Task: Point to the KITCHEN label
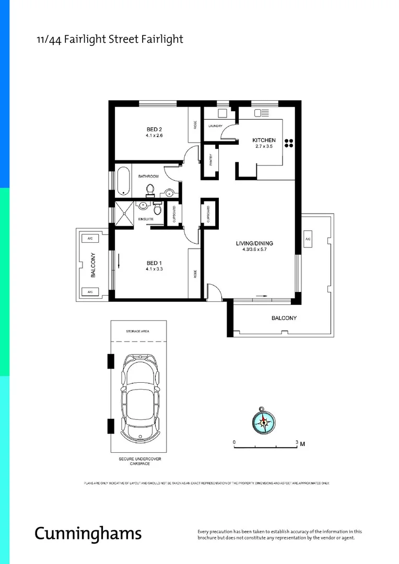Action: [x=264, y=140]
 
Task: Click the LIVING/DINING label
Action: [x=254, y=243]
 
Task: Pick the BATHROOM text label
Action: [x=148, y=177]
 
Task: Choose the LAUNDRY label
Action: [x=215, y=126]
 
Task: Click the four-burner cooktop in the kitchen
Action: [x=289, y=144]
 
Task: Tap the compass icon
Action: [x=264, y=420]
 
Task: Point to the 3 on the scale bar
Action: [x=297, y=442]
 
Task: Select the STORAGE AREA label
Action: [x=138, y=332]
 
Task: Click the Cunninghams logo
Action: [x=88, y=533]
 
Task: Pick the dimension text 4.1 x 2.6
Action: [x=155, y=136]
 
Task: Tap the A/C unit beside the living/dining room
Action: [x=308, y=239]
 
